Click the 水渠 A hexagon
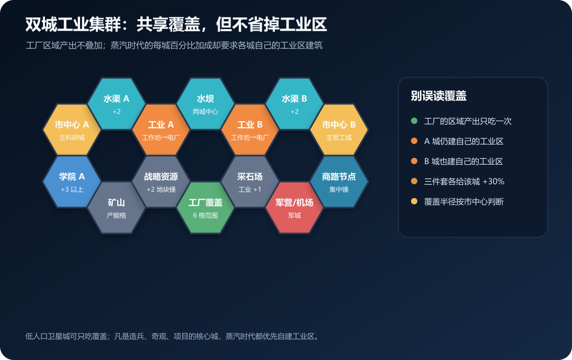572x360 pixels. (x=117, y=104)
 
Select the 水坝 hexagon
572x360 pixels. (x=205, y=104)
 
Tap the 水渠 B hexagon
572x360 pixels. (x=294, y=104)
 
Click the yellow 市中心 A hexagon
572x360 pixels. (x=72, y=130)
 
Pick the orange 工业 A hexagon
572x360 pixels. (x=161, y=130)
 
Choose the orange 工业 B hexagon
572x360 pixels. (x=250, y=130)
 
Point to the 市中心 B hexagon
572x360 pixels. (x=339, y=130)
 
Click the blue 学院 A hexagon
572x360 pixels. (x=72, y=182)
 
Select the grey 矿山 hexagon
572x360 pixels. (x=117, y=208)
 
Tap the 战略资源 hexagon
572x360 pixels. (x=161, y=182)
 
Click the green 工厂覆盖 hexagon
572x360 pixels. (x=205, y=208)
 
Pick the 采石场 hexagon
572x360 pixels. (x=250, y=182)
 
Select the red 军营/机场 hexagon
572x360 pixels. (x=294, y=208)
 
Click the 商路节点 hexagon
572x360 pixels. (x=339, y=182)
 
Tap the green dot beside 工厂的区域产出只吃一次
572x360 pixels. (x=414, y=121)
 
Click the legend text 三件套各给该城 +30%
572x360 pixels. (x=464, y=181)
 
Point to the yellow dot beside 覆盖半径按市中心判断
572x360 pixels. (x=414, y=201)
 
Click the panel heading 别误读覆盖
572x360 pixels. (x=439, y=96)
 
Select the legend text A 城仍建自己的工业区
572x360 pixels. (x=463, y=141)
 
